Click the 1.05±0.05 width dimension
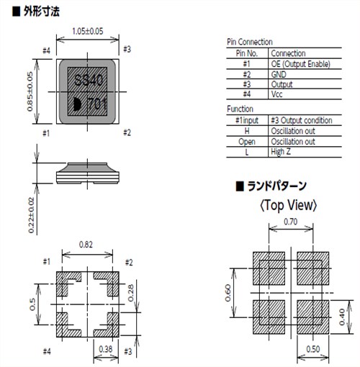coord(88,31)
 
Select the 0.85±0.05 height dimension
coord(30,91)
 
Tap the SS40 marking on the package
coord(89,80)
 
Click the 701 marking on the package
coord(97,104)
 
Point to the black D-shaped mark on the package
coord(77,104)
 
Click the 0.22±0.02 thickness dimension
coord(32,215)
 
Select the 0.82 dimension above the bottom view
coord(86,245)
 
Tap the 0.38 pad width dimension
coord(106,349)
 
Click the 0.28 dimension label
coord(131,293)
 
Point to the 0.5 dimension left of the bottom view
coord(32,304)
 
